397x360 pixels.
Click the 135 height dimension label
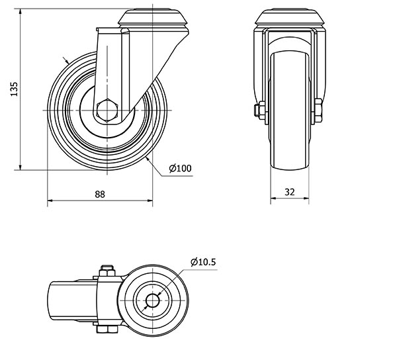point(15,89)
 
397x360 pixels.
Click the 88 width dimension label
point(100,195)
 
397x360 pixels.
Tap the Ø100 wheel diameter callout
point(180,168)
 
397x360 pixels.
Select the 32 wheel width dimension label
point(290,193)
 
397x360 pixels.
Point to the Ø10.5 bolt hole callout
point(203,262)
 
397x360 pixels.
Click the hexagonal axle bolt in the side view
point(107,111)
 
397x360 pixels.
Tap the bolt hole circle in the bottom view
point(153,301)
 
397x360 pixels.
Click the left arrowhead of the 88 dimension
point(50,201)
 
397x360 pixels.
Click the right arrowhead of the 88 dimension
point(150,201)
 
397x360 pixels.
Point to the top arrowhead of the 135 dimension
point(21,11)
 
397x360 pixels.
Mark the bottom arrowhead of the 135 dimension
point(21,167)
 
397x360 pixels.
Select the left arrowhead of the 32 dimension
point(273,198)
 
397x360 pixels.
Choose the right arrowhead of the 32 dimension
point(306,198)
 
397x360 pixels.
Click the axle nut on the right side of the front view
point(318,111)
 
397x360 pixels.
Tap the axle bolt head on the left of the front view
point(259,111)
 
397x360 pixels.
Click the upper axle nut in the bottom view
point(107,271)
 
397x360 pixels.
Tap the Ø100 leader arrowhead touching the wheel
point(148,159)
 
